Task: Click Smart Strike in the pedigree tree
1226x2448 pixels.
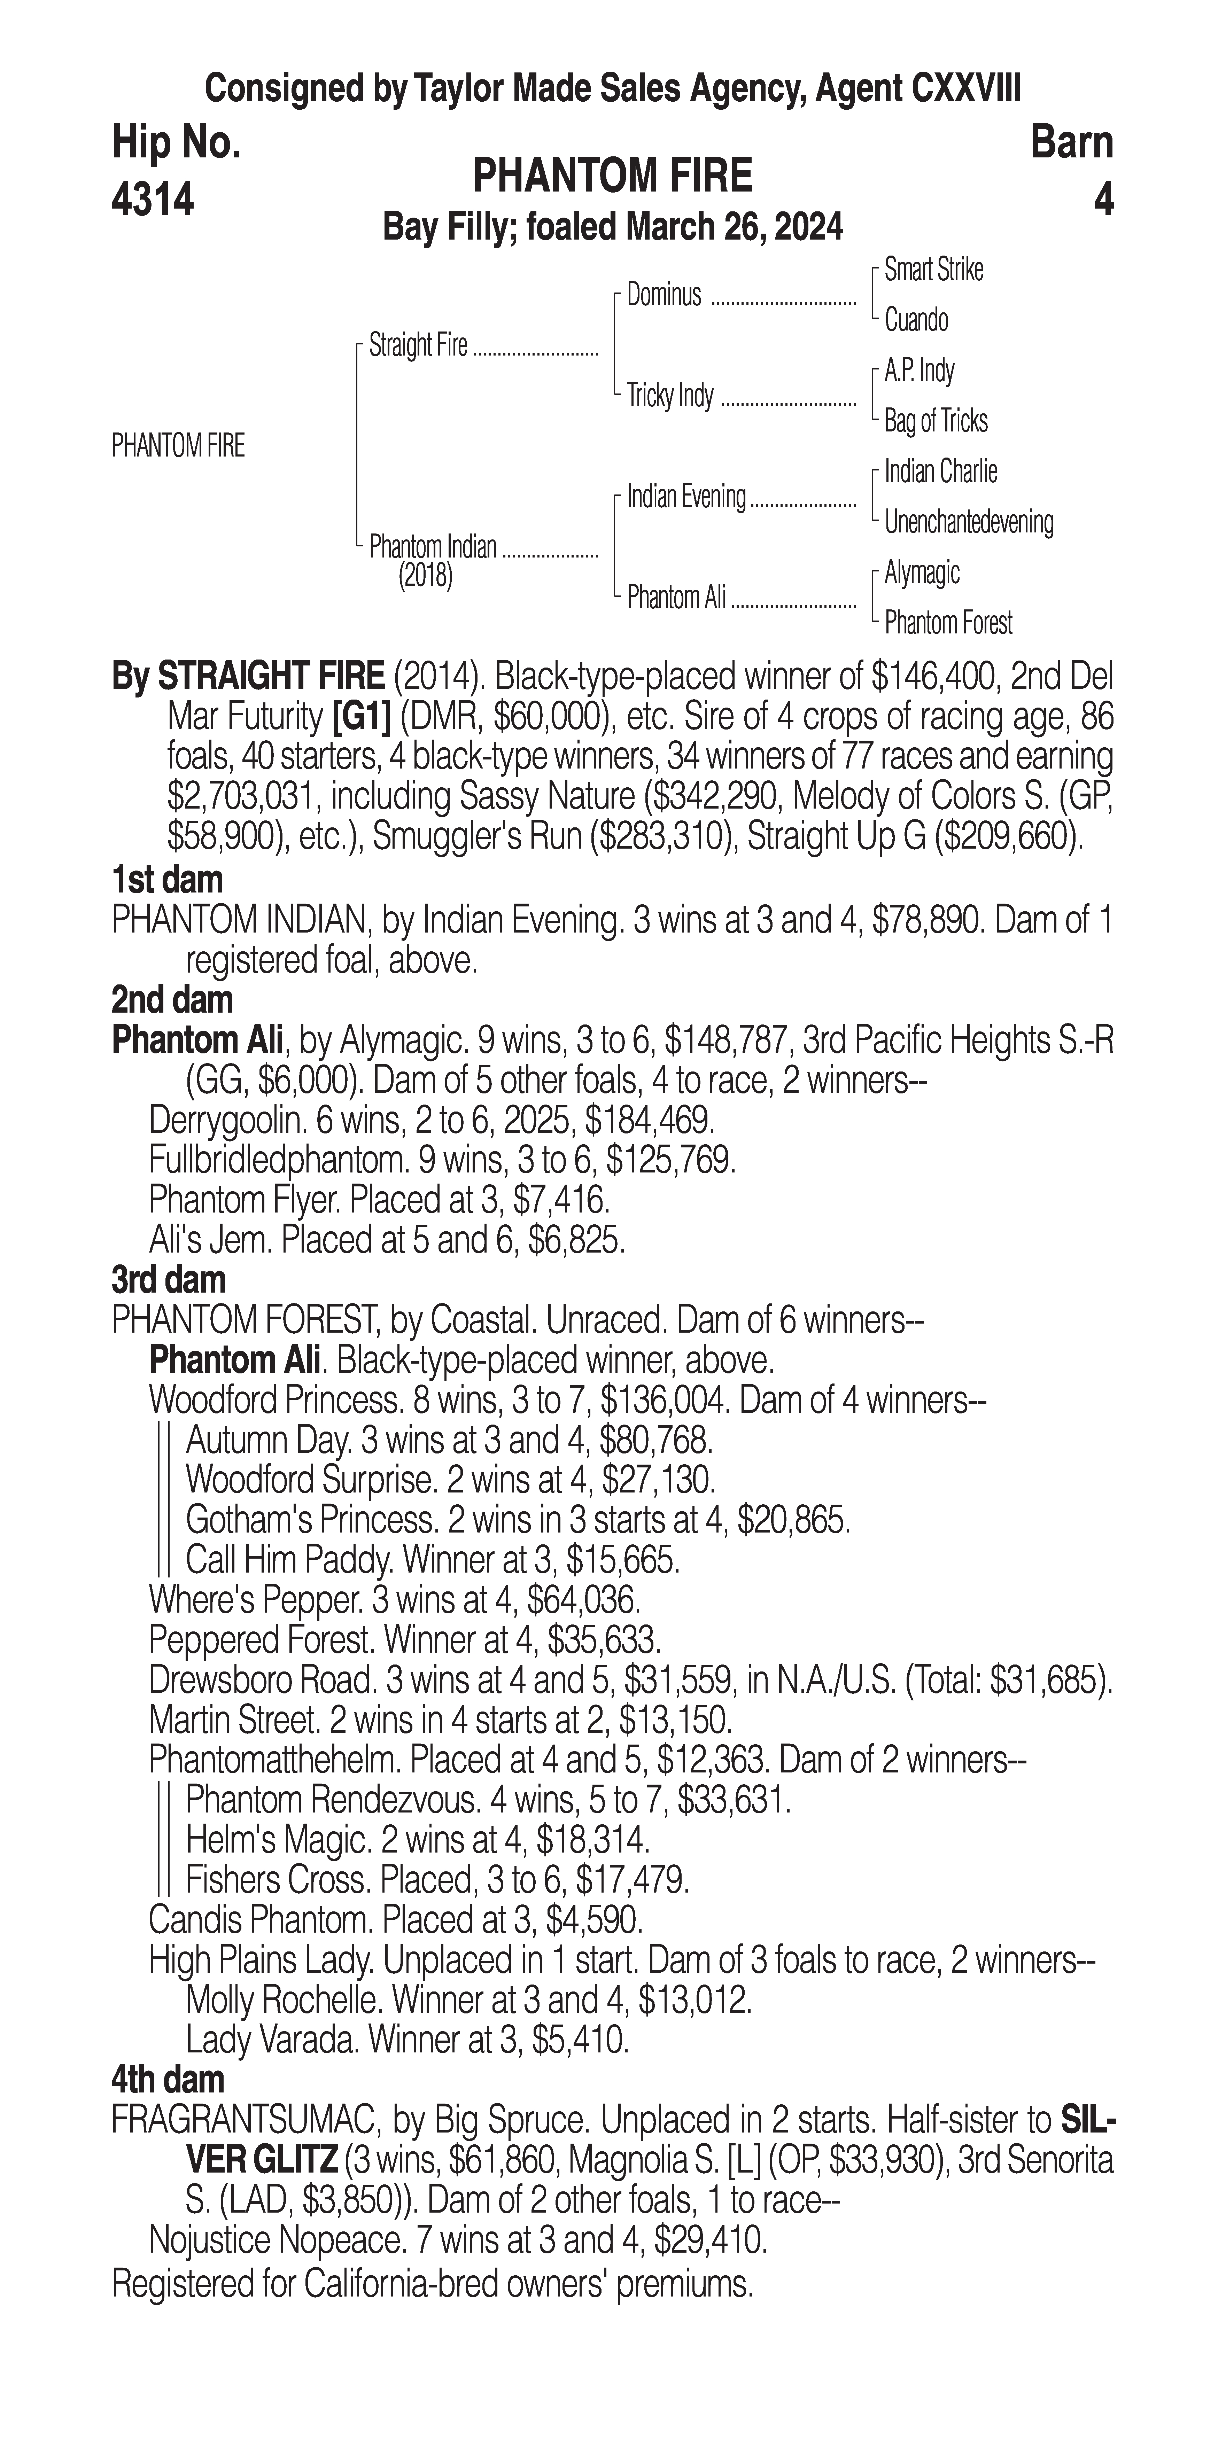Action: (x=933, y=270)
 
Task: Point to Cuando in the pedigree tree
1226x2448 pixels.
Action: (x=916, y=320)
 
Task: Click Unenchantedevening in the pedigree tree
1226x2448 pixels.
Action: (x=969, y=522)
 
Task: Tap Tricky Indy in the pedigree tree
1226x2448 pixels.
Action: (x=670, y=395)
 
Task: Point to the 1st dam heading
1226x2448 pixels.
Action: (x=167, y=880)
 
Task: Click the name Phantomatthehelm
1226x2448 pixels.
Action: (x=272, y=1760)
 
